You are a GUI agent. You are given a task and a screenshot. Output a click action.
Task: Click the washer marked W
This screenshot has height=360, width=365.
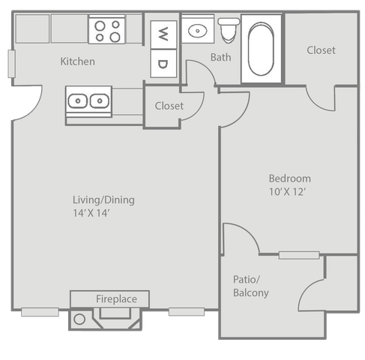pos(163,34)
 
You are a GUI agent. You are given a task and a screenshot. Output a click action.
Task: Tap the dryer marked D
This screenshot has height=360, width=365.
pos(163,64)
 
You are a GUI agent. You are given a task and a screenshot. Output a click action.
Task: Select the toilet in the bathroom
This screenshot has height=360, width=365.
pos(229,30)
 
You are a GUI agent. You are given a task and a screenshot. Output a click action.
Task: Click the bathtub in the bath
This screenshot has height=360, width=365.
pos(261,49)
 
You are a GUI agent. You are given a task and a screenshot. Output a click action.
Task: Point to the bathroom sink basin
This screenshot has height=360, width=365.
pos(198,31)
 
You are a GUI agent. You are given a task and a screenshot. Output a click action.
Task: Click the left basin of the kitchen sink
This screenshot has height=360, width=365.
pos(78,101)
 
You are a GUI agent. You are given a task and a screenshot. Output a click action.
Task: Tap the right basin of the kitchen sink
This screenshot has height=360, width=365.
pos(100,101)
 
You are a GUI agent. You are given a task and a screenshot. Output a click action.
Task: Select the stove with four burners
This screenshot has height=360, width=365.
pos(107,30)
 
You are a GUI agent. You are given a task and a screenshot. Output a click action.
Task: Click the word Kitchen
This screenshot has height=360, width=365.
pos(78,61)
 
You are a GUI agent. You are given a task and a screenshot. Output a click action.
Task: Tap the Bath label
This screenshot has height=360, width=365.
pos(221,57)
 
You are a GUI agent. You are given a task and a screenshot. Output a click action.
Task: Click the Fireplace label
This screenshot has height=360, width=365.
pos(116,299)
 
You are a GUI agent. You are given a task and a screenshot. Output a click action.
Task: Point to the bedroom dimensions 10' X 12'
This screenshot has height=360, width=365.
pos(288,192)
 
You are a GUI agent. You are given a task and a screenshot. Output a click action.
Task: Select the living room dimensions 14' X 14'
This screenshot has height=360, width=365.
pos(91,213)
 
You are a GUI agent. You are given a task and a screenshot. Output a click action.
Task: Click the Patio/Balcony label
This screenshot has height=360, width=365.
pos(251,286)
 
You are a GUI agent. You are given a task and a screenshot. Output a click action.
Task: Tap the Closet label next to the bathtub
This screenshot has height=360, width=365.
pos(321,50)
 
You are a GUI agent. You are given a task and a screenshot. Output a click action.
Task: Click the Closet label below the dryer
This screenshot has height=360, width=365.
pos(169,106)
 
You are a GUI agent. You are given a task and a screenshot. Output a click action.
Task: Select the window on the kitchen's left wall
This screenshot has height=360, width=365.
pos(11,64)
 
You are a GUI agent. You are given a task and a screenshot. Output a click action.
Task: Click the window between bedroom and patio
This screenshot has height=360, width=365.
pos(299,255)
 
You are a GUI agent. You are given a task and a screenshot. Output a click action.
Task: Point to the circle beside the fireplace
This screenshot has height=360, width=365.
pos(79,319)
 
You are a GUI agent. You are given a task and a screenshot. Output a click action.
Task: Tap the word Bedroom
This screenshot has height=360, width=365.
pos(290,178)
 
